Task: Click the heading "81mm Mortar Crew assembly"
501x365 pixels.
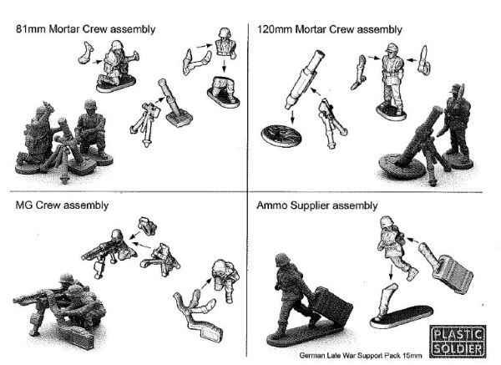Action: tap(86, 29)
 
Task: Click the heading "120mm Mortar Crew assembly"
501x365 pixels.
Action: tap(330, 29)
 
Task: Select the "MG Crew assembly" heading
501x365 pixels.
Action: tap(62, 205)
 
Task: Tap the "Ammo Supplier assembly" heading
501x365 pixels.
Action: tap(317, 205)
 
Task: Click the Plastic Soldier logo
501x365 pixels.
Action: tap(458, 341)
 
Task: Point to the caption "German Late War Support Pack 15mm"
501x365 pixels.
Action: tap(361, 356)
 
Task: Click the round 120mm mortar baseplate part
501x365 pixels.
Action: tap(281, 136)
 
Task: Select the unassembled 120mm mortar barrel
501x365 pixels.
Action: tap(304, 80)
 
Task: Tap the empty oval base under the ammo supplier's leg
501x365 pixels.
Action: tap(402, 317)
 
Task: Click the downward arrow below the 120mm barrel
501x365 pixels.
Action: tap(292, 117)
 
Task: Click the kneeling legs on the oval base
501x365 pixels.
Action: tap(223, 91)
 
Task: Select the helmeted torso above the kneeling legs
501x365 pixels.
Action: tap(225, 43)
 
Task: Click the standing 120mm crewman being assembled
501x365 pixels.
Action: tap(392, 82)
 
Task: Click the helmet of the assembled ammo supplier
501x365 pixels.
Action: tap(282, 260)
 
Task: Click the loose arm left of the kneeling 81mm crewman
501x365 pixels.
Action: tap(86, 52)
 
